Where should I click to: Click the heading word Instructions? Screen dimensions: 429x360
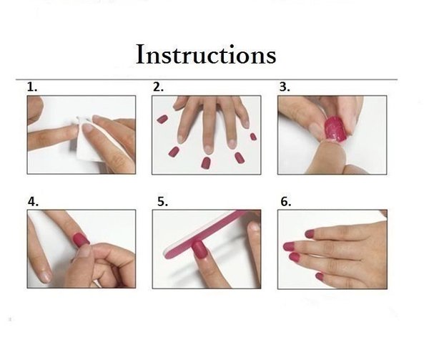(206, 54)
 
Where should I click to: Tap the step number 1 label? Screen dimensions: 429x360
(32, 87)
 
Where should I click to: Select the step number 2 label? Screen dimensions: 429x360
(158, 87)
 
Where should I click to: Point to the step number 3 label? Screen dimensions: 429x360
(285, 87)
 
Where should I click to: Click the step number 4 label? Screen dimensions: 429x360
(33, 202)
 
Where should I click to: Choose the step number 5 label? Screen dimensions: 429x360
(162, 202)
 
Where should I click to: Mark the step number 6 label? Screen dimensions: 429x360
(286, 202)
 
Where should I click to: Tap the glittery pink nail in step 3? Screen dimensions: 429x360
(335, 130)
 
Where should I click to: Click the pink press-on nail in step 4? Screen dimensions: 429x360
(82, 240)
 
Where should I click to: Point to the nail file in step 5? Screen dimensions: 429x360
(208, 233)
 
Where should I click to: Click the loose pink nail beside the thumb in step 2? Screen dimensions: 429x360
(162, 119)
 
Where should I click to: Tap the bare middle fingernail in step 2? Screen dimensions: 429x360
(208, 148)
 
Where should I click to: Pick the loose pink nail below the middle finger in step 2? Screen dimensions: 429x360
(206, 163)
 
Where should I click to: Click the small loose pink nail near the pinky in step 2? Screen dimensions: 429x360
(253, 136)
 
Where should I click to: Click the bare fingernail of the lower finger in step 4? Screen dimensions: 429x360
(46, 277)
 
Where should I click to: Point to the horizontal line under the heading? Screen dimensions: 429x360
(207, 79)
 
